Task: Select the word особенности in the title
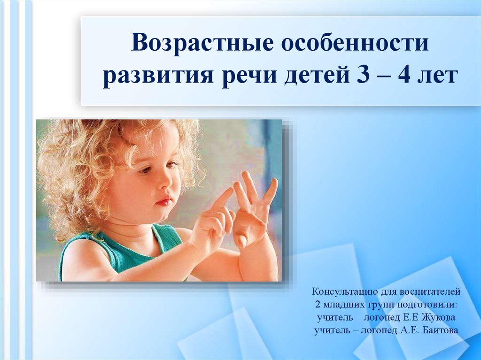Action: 355,42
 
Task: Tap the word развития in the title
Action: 158,76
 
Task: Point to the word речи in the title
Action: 248,76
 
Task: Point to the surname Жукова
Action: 439,317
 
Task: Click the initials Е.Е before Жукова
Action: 411,317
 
